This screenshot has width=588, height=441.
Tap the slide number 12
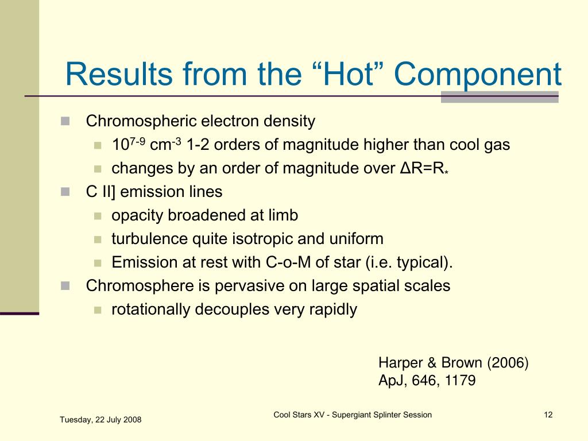[548, 415]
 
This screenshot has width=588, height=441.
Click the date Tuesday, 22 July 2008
[100, 420]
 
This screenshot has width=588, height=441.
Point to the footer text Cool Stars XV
[299, 415]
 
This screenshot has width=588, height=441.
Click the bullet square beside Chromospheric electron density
[65, 121]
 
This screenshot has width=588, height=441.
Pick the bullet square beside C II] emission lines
[65, 192]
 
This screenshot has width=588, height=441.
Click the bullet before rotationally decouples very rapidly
[98, 310]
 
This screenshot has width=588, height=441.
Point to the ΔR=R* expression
[424, 168]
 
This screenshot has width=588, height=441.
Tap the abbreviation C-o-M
[288, 262]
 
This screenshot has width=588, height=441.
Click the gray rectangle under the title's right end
[500, 96]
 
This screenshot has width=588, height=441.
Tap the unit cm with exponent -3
[165, 144]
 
